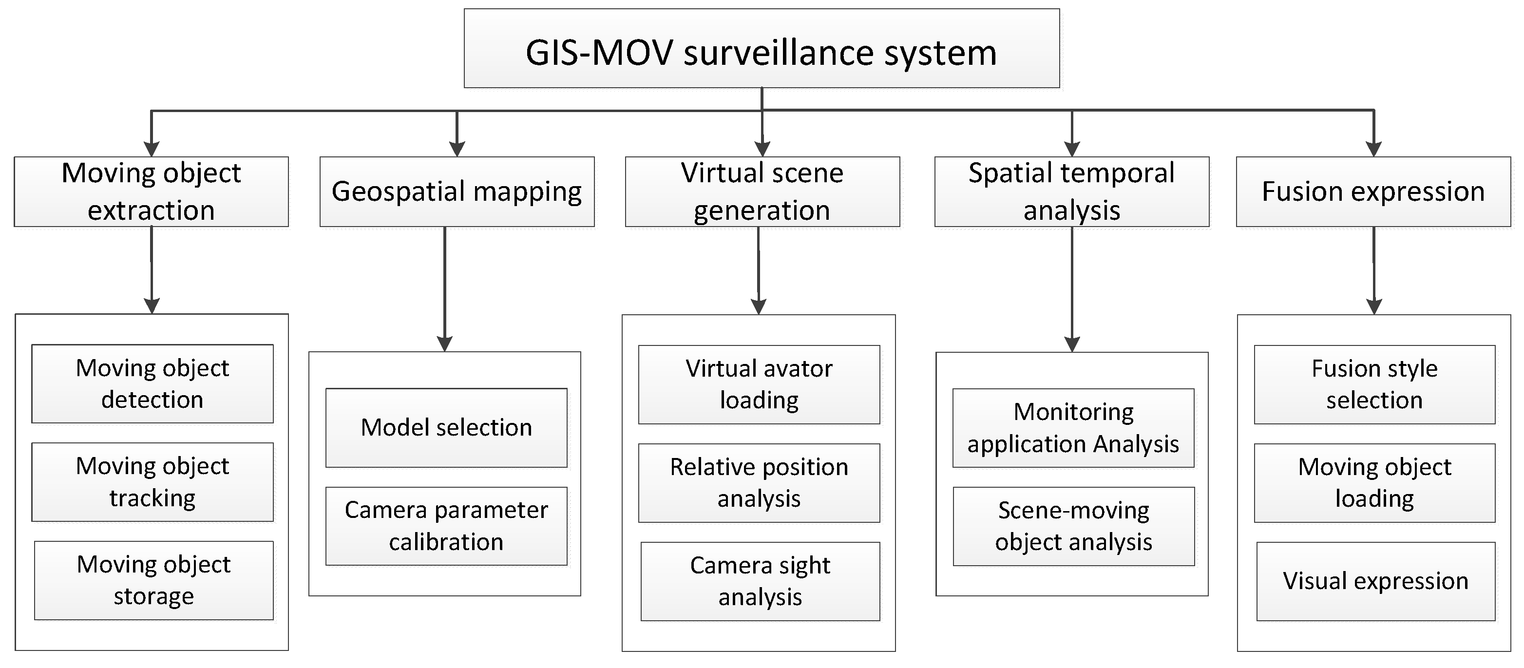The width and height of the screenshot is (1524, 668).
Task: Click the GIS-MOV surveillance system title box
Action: pyautogui.click(x=762, y=49)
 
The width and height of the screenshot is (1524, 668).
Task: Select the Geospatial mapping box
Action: pyautogui.click(x=457, y=191)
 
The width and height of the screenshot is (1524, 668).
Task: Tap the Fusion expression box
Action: pyautogui.click(x=1373, y=191)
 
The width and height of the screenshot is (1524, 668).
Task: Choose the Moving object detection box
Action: pyautogui.click(x=152, y=383)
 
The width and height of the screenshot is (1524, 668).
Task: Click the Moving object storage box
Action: pyautogui.click(x=154, y=580)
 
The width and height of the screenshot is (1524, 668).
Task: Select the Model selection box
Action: pyautogui.click(x=446, y=427)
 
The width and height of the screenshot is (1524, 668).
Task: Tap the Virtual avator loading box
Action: pyautogui.click(x=759, y=384)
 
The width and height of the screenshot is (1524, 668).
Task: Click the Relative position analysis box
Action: pyautogui.click(x=759, y=483)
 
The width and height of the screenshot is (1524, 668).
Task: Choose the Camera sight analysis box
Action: pyautogui.click(x=760, y=581)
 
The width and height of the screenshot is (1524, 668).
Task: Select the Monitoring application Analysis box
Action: pyautogui.click(x=1073, y=427)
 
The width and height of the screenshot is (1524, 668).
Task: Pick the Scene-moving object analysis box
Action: pyautogui.click(x=1073, y=526)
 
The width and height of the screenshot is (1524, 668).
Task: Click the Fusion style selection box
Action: pyautogui.click(x=1374, y=384)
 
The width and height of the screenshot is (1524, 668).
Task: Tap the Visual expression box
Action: pyautogui.click(x=1375, y=581)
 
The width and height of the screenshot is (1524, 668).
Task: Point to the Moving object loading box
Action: pyautogui.click(x=1374, y=483)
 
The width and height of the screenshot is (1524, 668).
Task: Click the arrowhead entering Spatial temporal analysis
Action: pyautogui.click(x=1072, y=149)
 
